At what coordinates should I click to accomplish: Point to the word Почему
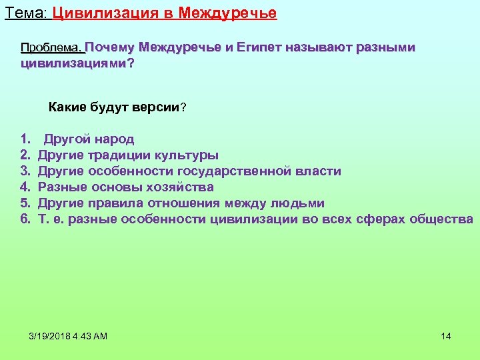click(109, 48)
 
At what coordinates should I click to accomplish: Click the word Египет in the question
click(259, 48)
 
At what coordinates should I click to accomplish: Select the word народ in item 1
click(114, 139)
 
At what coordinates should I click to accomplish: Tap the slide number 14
click(446, 336)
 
